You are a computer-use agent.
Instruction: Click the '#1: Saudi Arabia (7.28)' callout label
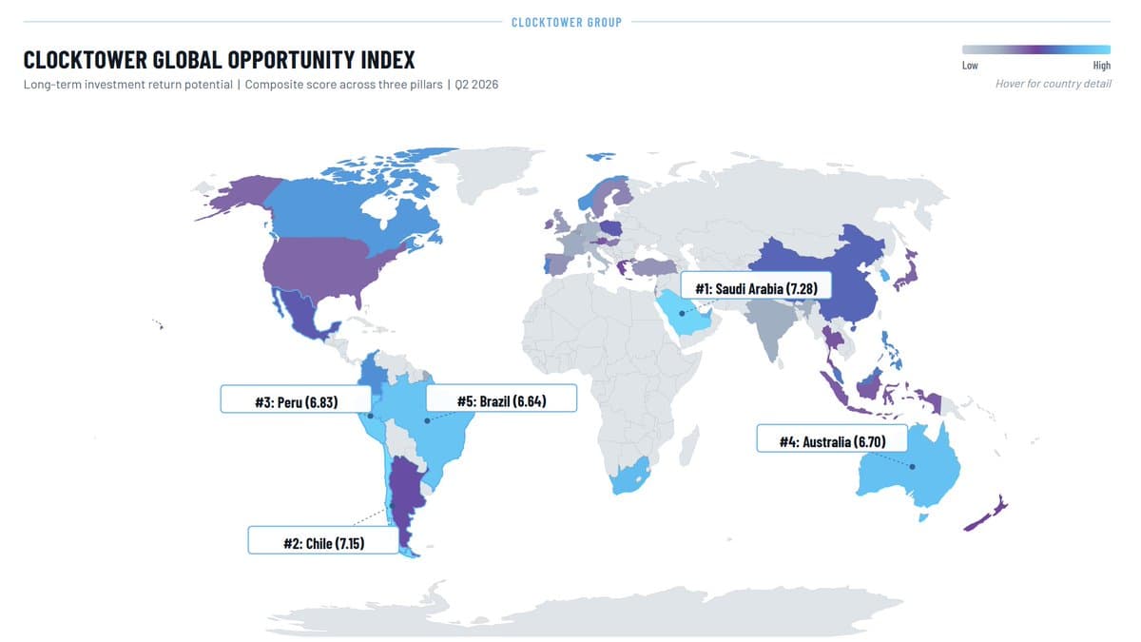click(x=757, y=286)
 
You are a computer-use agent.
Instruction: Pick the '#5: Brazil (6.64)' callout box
click(x=500, y=400)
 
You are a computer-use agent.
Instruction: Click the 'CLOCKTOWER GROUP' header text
click(x=567, y=22)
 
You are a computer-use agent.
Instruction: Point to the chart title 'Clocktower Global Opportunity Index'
click(x=220, y=60)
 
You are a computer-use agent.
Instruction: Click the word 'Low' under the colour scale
click(x=970, y=66)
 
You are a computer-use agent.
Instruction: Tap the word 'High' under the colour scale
click(x=1101, y=66)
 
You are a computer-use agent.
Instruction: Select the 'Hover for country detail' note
click(x=1053, y=84)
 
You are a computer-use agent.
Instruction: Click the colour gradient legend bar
click(x=1035, y=49)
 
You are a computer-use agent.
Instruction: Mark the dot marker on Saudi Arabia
click(x=683, y=313)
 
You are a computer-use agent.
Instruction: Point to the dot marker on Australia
click(x=912, y=466)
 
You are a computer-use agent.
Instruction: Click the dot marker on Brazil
click(x=427, y=419)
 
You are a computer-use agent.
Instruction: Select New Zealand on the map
click(x=989, y=515)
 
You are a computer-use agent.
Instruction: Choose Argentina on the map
click(x=408, y=495)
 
